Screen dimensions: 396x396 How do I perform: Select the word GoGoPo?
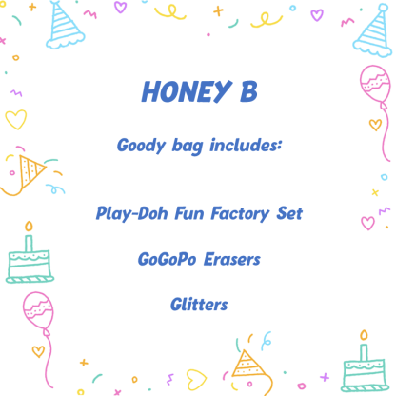coord(164,258)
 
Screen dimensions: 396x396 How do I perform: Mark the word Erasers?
coord(229,258)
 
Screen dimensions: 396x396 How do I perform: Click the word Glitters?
coord(198,304)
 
